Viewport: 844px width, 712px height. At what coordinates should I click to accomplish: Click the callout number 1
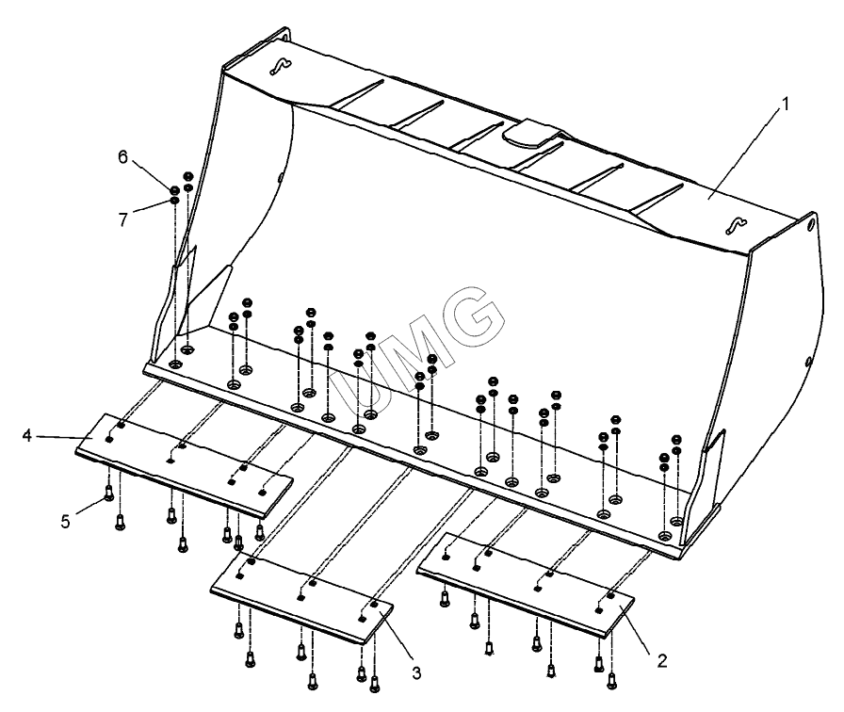(x=786, y=104)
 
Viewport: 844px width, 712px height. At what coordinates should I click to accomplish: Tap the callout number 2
(x=662, y=660)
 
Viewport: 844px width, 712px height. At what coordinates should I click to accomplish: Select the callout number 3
(x=416, y=672)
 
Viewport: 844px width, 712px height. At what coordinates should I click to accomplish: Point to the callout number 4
(x=27, y=435)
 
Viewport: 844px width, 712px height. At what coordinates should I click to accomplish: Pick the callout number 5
(x=65, y=522)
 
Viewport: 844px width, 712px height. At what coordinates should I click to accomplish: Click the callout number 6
(x=123, y=157)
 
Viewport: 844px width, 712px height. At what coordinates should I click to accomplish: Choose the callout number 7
(x=123, y=219)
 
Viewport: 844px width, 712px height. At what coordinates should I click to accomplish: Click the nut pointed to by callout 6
(x=174, y=190)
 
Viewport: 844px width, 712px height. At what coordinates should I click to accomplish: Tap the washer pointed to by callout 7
(x=174, y=201)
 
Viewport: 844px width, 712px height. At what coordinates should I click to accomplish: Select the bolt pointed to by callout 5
(x=108, y=493)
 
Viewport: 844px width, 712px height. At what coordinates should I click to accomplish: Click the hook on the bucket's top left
(x=280, y=66)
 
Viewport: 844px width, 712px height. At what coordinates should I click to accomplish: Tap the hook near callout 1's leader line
(x=736, y=225)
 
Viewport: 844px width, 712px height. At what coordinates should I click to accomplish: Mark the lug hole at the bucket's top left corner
(x=282, y=37)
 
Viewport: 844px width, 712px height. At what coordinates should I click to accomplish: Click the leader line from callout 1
(x=744, y=153)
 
